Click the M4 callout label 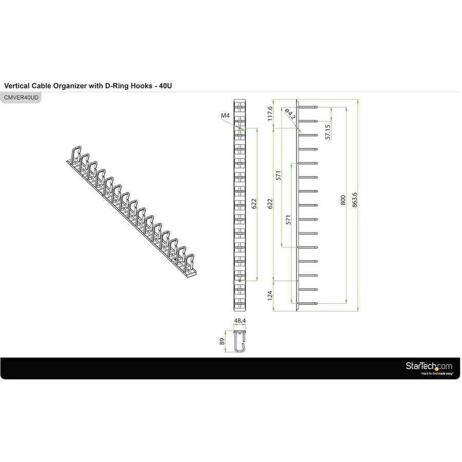(225, 116)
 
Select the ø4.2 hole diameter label (290, 114)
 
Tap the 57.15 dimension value (328, 131)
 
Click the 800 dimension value (343, 200)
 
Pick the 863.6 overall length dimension (354, 200)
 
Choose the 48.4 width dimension (239, 321)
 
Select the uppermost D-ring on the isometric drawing (74, 153)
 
